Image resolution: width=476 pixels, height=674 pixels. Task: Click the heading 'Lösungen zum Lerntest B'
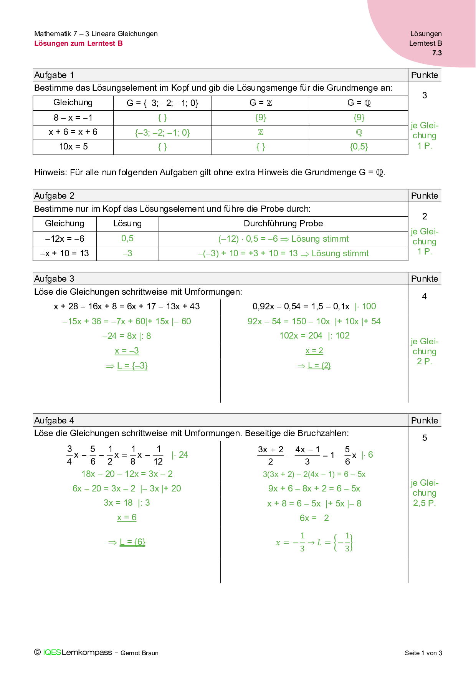pos(78,43)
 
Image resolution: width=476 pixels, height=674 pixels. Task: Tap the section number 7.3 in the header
pos(437,53)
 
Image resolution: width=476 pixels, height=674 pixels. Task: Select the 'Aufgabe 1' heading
pos(54,75)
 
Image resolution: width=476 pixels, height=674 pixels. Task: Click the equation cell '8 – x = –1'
pos(73,118)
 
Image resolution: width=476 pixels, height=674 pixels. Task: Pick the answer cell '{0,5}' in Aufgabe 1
pos(359,147)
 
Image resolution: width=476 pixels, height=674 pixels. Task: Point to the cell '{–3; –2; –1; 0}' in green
pos(162,133)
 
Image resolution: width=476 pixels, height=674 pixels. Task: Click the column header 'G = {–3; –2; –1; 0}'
pos(162,103)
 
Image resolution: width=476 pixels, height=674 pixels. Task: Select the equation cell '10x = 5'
pos(73,147)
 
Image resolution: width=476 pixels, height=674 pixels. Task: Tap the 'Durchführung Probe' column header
pos(283,224)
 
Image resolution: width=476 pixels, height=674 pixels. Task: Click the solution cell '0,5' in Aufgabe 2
pos(127,239)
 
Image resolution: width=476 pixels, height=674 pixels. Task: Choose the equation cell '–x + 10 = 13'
pos(64,254)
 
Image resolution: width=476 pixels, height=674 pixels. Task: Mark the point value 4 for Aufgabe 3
pos(424,296)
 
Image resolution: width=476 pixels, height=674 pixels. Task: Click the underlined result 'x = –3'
pos(127,351)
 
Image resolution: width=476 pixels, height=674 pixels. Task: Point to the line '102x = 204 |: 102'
pos(314,336)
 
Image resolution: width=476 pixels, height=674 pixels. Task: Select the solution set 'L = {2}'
pos(319,366)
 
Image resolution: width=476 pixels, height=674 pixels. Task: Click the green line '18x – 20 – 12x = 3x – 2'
pos(127,474)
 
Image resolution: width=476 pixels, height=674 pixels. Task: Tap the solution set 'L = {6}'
pos(132,542)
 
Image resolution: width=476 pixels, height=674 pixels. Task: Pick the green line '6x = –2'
pos(314,518)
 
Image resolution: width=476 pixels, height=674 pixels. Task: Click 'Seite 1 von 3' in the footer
pos(423,653)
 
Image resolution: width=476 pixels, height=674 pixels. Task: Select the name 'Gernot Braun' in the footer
pos(139,653)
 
